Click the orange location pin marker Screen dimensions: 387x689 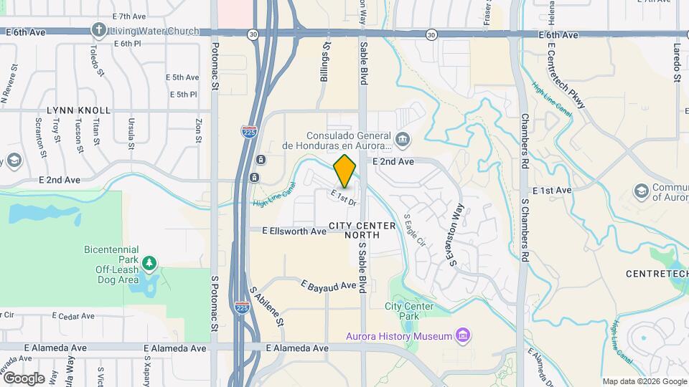point(345,171)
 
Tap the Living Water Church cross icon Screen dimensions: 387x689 point(99,31)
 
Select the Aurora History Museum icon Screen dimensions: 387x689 point(463,335)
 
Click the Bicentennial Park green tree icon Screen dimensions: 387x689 point(149,263)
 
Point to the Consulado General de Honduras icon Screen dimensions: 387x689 point(401,138)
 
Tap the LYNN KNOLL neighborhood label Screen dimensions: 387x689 point(79,110)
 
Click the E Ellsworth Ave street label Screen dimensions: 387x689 point(294,231)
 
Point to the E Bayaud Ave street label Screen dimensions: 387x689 point(329,286)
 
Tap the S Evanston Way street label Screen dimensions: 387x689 point(456,234)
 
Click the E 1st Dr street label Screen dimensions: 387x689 point(344,197)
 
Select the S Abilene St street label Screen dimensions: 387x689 point(266,307)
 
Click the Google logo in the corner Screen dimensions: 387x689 point(23,378)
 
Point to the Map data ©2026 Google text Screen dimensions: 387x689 point(644,381)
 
